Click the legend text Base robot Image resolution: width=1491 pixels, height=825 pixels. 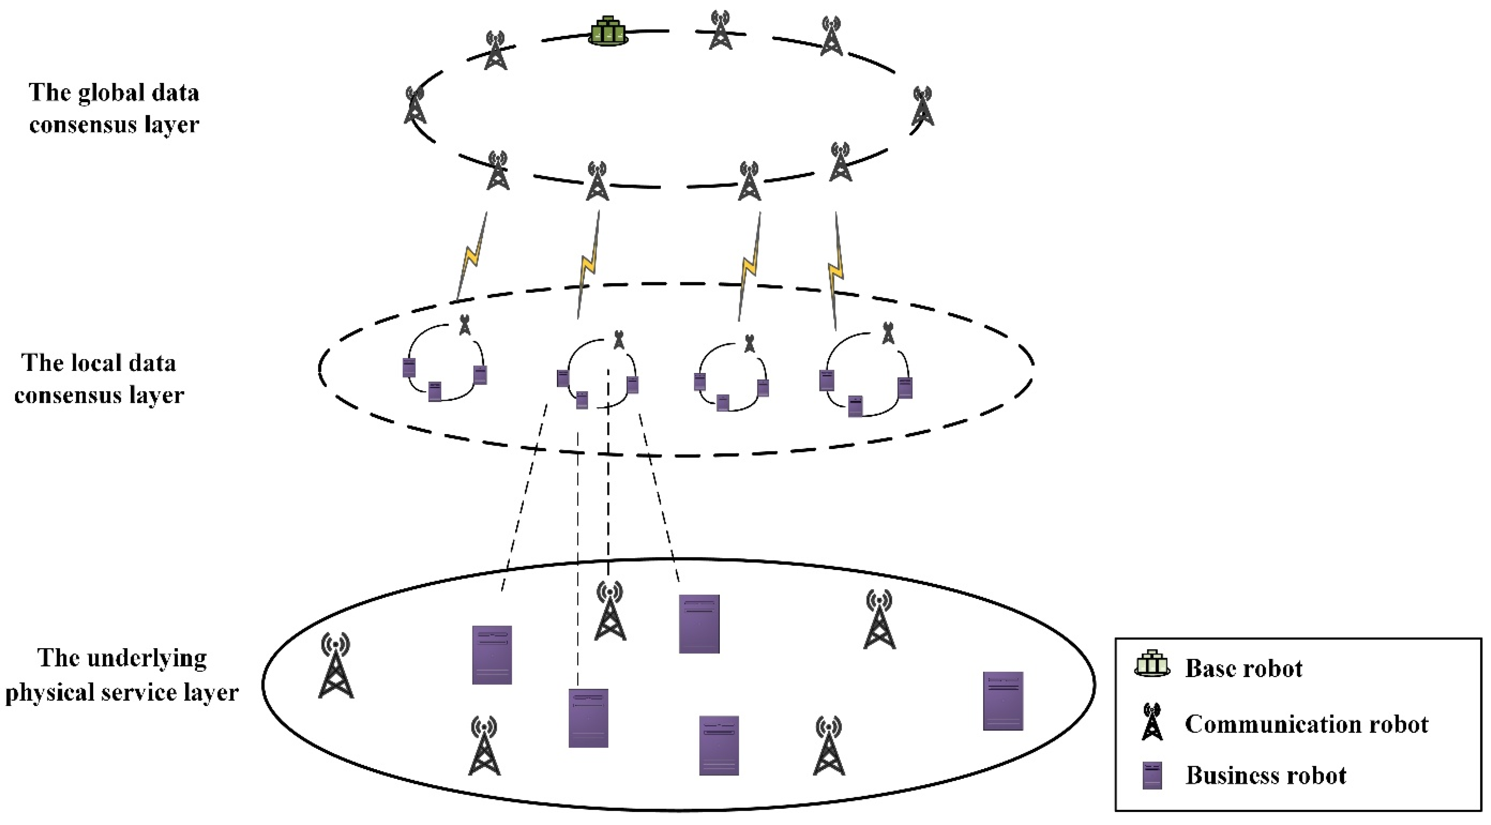point(1243,668)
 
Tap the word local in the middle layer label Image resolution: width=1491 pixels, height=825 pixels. point(99,363)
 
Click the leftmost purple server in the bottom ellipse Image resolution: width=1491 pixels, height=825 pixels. point(491,655)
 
